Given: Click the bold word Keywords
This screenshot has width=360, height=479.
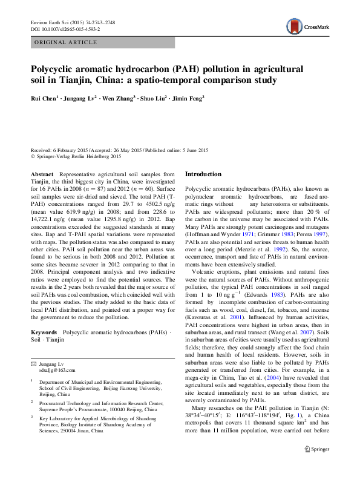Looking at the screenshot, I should pyautogui.click(x=44, y=332).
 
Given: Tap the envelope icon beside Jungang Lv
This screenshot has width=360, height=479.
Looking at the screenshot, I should pyautogui.click(x=34, y=363).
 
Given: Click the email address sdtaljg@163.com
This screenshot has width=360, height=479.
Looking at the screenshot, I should pyautogui.click(x=57, y=370).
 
